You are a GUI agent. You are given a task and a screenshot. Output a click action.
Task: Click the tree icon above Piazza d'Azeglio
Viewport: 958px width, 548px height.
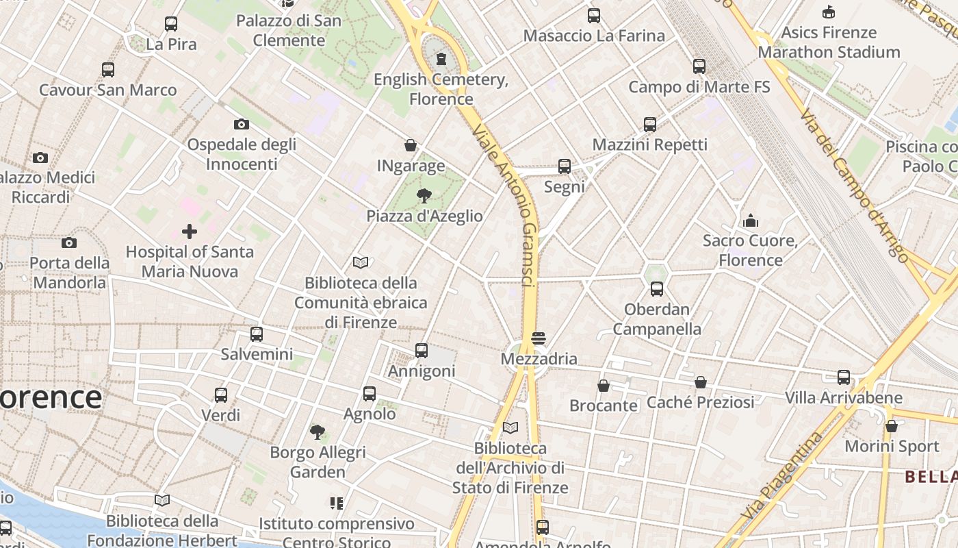tap(424, 196)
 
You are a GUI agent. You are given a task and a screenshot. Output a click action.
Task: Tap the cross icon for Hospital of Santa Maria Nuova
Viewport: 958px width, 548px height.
tap(190, 232)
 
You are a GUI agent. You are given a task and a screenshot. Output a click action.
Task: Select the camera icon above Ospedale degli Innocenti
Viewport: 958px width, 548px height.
tap(241, 124)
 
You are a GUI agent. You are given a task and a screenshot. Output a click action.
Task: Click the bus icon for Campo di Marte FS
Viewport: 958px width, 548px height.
tap(699, 66)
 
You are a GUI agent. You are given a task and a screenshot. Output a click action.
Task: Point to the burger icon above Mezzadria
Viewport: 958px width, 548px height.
tap(539, 338)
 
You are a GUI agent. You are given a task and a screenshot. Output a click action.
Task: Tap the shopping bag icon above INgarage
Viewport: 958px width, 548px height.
tap(411, 145)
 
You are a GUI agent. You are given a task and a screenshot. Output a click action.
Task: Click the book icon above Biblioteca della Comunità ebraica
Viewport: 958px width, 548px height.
tap(361, 262)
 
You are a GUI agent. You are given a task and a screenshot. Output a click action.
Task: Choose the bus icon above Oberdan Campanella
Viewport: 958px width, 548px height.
tap(657, 289)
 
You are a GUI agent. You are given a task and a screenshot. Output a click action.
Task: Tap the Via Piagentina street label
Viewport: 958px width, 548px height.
tap(782, 475)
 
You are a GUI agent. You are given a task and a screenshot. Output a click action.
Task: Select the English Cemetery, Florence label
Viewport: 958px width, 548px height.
tap(441, 89)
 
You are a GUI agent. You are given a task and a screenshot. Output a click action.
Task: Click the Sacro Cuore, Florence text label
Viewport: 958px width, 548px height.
tap(751, 250)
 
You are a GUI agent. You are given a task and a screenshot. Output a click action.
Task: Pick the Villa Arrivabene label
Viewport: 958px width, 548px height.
tap(843, 398)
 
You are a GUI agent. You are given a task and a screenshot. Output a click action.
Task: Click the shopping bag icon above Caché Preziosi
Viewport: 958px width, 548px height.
tap(701, 382)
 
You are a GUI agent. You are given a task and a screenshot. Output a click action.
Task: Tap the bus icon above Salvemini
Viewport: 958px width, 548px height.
tap(257, 334)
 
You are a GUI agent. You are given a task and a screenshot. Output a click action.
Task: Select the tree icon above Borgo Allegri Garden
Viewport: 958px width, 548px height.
tap(318, 432)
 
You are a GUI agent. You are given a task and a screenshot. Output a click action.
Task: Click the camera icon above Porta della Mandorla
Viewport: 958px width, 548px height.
tap(69, 242)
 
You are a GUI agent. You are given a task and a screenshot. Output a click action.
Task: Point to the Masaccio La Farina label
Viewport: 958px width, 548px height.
tap(594, 36)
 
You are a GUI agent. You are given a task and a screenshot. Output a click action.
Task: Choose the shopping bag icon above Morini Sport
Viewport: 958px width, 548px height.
tap(891, 426)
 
